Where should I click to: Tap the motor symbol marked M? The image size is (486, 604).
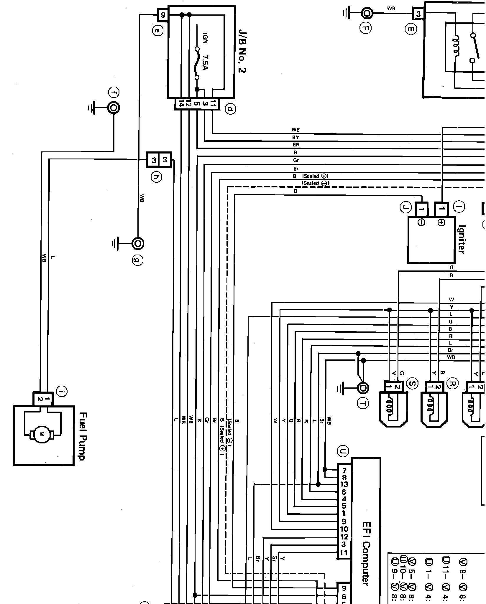(x=42, y=434)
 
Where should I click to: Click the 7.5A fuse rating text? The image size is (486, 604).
(x=206, y=62)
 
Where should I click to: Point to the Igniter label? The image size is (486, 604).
(x=462, y=239)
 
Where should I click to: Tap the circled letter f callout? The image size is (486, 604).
(x=114, y=93)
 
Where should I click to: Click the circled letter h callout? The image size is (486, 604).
(x=157, y=177)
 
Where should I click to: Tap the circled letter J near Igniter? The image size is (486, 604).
(x=405, y=208)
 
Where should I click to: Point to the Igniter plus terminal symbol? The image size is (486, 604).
(x=441, y=223)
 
